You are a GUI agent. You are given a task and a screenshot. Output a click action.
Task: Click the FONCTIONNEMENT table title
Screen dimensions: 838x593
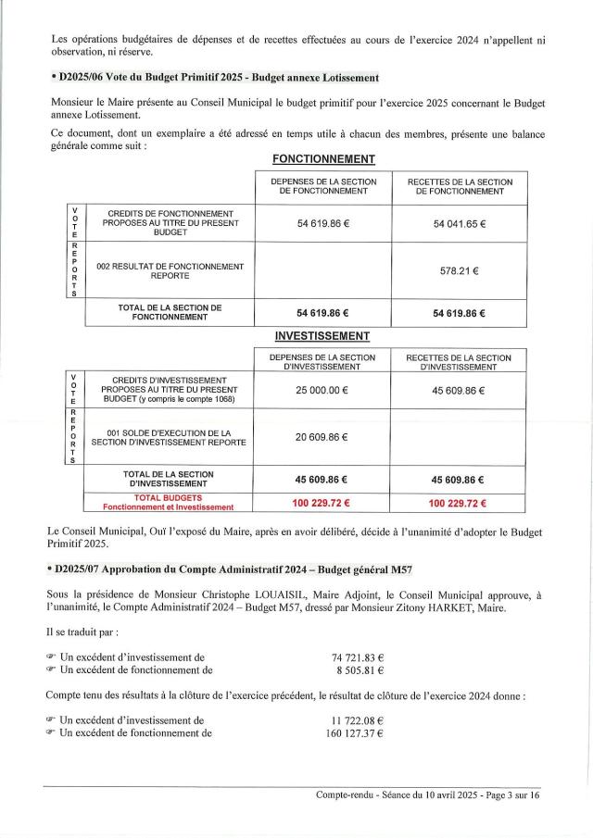click(x=322, y=159)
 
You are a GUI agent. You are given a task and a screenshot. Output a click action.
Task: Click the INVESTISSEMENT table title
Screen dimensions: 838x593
click(x=322, y=335)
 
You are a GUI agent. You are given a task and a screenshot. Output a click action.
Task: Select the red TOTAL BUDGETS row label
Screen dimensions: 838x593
click(x=169, y=502)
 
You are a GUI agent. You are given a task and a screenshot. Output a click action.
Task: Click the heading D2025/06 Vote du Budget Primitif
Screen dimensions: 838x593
click(x=215, y=75)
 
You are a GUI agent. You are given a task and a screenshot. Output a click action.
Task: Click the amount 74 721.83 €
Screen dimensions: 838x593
click(x=358, y=657)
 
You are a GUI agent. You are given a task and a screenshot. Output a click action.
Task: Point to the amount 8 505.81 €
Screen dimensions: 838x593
click(x=360, y=669)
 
